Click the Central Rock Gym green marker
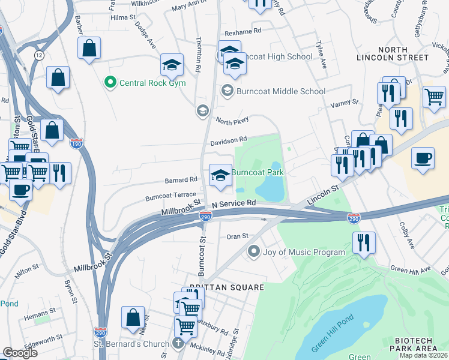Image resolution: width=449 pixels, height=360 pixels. [109, 83]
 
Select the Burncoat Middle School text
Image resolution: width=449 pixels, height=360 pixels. [280, 91]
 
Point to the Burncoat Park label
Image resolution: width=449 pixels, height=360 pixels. [258, 172]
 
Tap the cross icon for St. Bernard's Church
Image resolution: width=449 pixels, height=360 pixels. [176, 343]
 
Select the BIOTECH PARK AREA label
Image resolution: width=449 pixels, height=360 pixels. [418, 344]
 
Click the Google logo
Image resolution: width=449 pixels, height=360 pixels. [20, 353]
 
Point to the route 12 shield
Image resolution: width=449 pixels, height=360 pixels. [39, 55]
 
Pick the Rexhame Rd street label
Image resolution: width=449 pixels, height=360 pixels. [243, 30]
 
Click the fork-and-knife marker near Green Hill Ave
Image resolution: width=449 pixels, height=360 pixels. [364, 243]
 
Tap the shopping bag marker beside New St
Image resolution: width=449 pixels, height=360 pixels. [133, 317]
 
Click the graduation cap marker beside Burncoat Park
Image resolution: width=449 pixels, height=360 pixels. [220, 175]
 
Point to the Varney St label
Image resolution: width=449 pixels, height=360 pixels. [344, 103]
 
